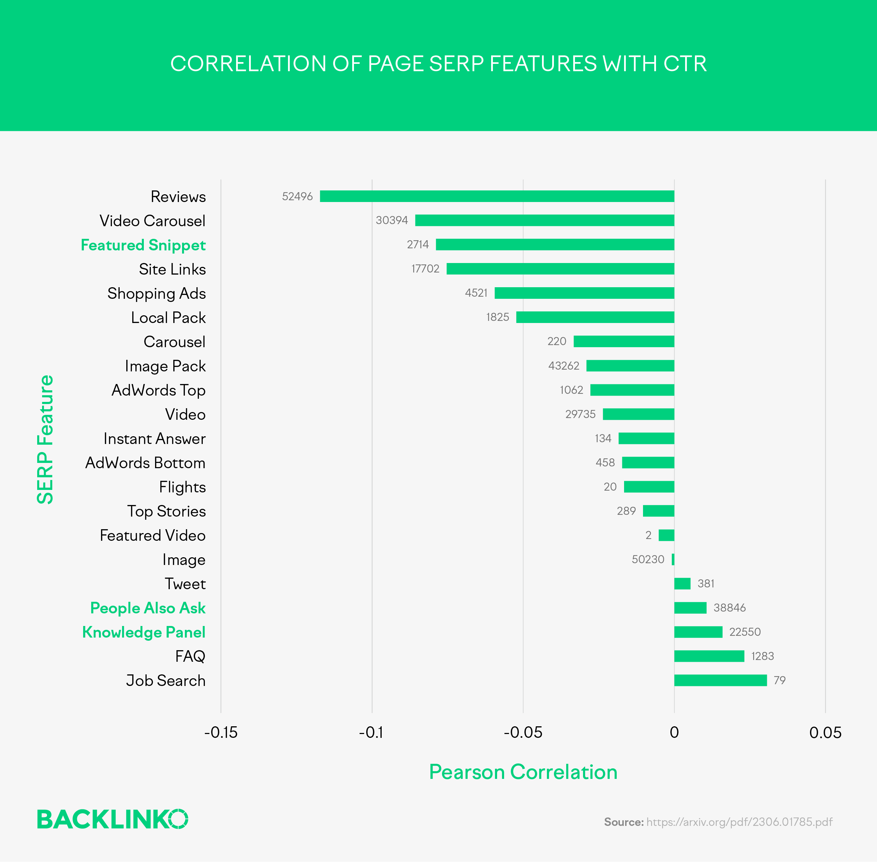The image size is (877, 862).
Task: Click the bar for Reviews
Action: [497, 196]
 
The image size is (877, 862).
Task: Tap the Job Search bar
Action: [720, 680]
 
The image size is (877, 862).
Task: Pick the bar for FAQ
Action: [709, 656]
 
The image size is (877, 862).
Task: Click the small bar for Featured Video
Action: [666, 535]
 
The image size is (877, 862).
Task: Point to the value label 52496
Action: [297, 196]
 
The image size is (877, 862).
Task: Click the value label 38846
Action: [729, 607]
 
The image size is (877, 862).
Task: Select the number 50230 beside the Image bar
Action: [648, 560]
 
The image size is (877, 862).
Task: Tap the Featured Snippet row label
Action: [143, 245]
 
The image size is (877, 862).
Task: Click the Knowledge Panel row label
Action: [143, 632]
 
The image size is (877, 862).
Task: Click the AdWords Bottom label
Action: [145, 463]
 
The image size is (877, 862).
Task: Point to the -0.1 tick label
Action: [371, 733]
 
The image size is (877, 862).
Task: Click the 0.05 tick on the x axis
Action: [825, 733]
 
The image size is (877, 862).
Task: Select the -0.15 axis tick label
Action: [221, 733]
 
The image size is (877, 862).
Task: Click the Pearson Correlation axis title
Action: [523, 772]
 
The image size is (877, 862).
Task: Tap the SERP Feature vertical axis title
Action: [45, 439]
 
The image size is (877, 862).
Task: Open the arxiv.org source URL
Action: [739, 822]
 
